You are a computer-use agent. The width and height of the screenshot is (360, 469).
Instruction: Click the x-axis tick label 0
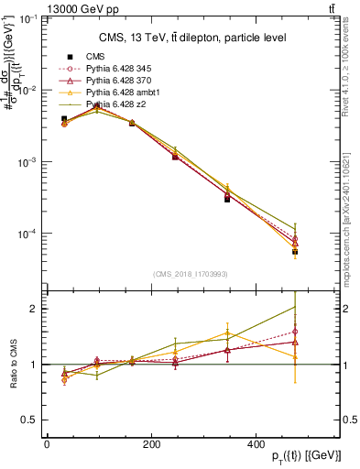point(47,444)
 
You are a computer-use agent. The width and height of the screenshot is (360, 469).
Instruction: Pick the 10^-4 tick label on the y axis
point(27,234)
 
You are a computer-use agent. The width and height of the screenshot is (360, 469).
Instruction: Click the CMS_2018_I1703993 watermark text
point(191,273)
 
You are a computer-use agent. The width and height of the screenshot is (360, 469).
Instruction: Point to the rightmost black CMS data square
point(295,251)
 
